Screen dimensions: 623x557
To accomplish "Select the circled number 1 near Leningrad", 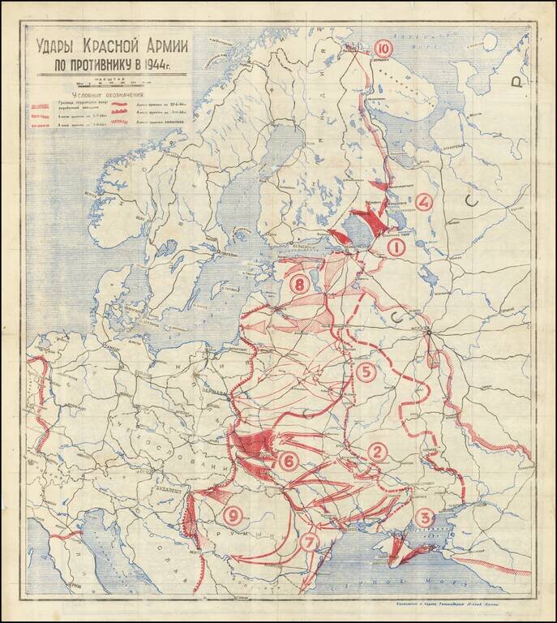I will [x=396, y=247].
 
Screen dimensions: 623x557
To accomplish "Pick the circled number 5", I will [x=366, y=372].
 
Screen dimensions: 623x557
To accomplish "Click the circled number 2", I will [x=377, y=452].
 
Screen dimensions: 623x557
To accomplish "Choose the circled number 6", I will [x=289, y=461].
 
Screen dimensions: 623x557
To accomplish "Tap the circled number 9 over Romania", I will [x=233, y=514].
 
